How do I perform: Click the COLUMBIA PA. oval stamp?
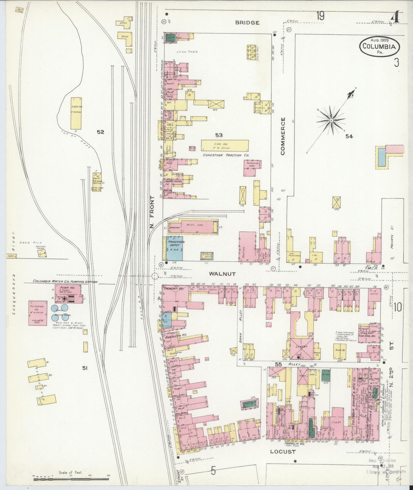tap(380, 46)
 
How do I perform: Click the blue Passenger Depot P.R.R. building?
tap(175, 248)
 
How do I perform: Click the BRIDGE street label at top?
tap(247, 23)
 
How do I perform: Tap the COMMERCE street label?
tap(283, 136)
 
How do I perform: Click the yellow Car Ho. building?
tap(225, 145)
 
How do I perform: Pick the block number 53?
tap(219, 135)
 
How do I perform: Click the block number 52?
tap(100, 132)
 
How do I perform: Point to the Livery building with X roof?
tap(302, 349)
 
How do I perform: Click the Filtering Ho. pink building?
tap(38, 313)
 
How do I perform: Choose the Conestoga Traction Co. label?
tap(226, 155)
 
